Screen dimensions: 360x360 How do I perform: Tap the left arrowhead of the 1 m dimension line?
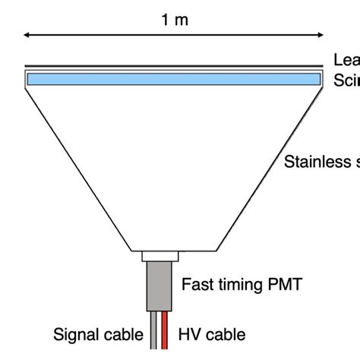pyautogui.click(x=28, y=35)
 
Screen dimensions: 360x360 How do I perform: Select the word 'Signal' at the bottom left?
pyautogui.click(x=77, y=334)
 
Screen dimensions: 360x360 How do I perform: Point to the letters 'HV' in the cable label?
pyautogui.click(x=189, y=334)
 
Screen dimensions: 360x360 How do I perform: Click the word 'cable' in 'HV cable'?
pyautogui.click(x=226, y=334)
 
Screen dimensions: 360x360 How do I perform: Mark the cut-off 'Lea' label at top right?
pyautogui.click(x=346, y=61)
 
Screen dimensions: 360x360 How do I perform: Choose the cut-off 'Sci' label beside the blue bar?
pyautogui.click(x=346, y=81)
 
